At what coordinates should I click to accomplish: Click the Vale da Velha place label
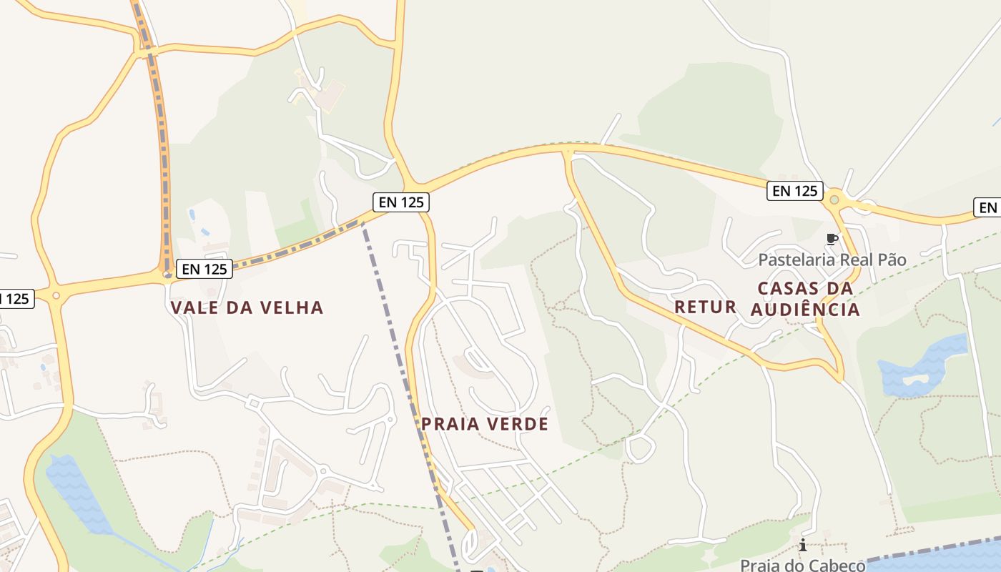(x=247, y=308)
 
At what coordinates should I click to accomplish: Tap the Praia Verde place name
(x=484, y=424)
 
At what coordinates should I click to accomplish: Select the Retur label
(x=705, y=307)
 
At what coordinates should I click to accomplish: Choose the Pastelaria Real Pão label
(x=832, y=260)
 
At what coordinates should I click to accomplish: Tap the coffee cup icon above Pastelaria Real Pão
(x=831, y=239)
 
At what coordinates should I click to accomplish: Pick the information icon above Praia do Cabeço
(x=803, y=546)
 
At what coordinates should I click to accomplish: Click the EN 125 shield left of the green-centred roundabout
(x=794, y=191)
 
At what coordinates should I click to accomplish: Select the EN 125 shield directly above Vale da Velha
(x=204, y=269)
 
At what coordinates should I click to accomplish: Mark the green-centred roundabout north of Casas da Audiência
(x=834, y=199)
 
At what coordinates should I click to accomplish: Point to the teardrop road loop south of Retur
(x=640, y=449)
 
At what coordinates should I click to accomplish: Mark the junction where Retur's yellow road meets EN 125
(x=568, y=151)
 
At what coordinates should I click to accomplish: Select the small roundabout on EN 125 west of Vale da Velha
(x=56, y=295)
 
